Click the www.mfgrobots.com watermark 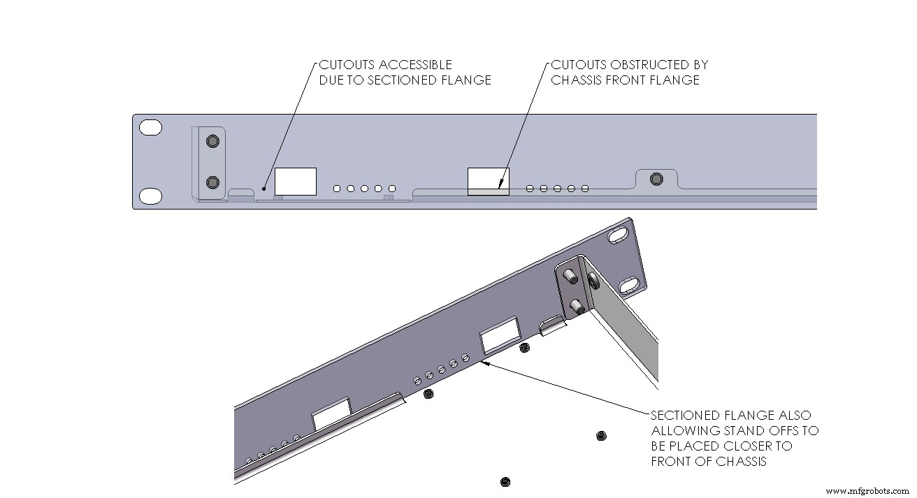[867, 490]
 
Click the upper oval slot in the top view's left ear [150, 128]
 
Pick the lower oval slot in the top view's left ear [150, 196]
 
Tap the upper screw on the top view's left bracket [212, 142]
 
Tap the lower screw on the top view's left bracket [212, 183]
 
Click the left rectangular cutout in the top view [295, 182]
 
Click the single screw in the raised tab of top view [655, 180]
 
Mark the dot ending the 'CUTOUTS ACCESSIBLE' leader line [264, 188]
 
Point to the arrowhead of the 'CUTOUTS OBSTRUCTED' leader [500, 186]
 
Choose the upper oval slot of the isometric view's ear [619, 237]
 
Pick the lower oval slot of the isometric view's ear [628, 285]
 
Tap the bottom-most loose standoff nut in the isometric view [505, 481]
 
